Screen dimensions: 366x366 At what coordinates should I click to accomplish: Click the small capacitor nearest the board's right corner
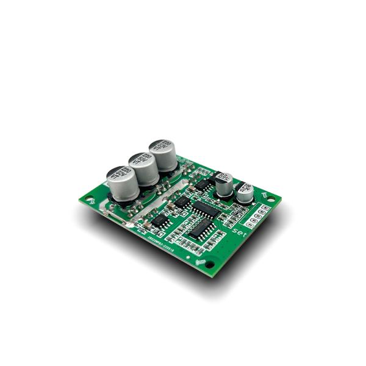click(x=245, y=192)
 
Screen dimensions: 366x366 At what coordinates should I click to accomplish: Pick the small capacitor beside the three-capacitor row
click(x=224, y=183)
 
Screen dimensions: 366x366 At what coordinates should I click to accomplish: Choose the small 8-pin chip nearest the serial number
click(x=160, y=221)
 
